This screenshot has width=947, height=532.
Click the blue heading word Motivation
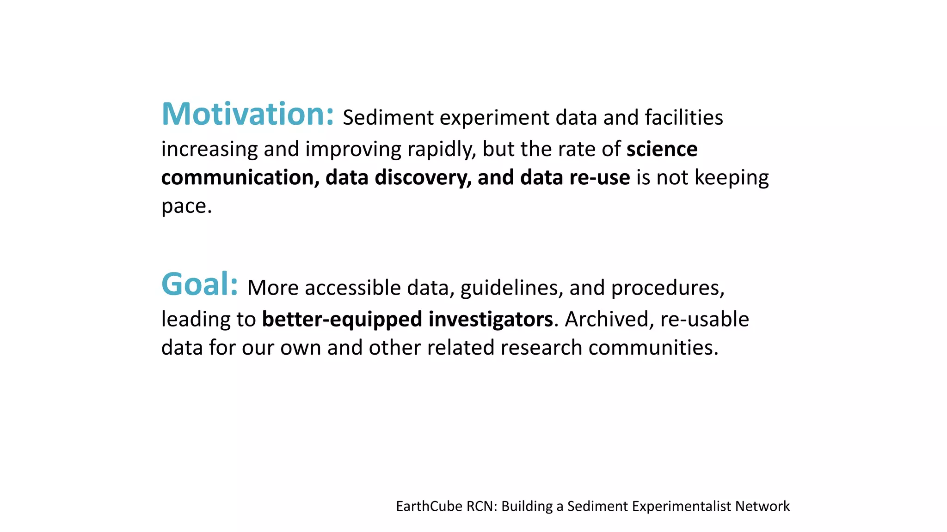(x=247, y=114)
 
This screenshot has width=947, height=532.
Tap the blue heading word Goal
(x=199, y=284)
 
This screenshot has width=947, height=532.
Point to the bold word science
(x=662, y=149)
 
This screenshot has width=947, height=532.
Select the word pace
(x=186, y=206)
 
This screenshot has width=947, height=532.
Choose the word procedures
(x=667, y=288)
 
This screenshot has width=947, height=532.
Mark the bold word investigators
(x=491, y=319)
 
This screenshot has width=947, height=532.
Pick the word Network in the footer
(x=762, y=506)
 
